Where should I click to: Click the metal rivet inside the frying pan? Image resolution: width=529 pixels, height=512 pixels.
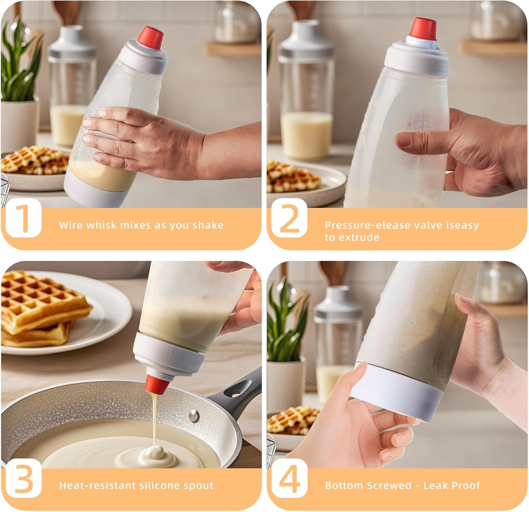pyautogui.click(x=194, y=415)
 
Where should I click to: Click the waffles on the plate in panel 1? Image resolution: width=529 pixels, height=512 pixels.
pyautogui.click(x=35, y=160)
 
